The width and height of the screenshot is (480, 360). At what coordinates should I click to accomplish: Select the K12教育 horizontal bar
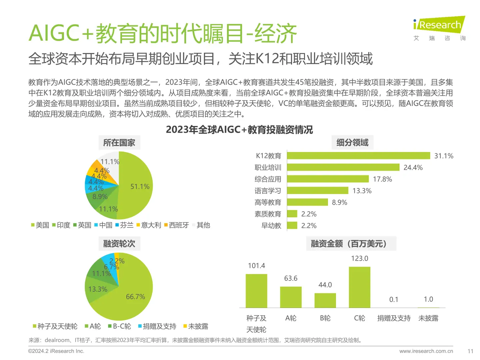coord(358,156)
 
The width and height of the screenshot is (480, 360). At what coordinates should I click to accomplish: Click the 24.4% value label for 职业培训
coord(413,168)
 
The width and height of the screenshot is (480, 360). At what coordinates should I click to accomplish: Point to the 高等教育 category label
coord(268,202)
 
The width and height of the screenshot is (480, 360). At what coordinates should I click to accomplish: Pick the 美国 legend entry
coord(40,225)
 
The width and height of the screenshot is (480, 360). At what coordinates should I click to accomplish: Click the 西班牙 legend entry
coord(176,225)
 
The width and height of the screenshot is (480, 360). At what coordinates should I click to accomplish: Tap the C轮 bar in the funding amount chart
coord(359,287)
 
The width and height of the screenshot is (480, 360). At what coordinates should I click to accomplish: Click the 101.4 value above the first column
coord(256,266)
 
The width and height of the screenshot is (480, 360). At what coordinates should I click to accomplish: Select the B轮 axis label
coord(325,318)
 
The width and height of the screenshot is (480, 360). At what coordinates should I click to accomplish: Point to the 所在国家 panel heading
coord(119,143)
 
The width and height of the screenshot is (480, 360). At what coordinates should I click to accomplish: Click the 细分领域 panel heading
coord(352,143)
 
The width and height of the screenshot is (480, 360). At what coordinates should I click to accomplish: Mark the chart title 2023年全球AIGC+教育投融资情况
coord(239,130)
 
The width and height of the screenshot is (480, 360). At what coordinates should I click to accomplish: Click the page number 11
coord(470,351)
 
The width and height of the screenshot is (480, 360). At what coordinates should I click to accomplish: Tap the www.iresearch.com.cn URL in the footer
coord(426,351)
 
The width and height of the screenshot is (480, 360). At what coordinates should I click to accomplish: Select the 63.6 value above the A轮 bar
coord(291,278)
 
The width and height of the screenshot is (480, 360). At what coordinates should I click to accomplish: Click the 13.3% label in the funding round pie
coord(98,289)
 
